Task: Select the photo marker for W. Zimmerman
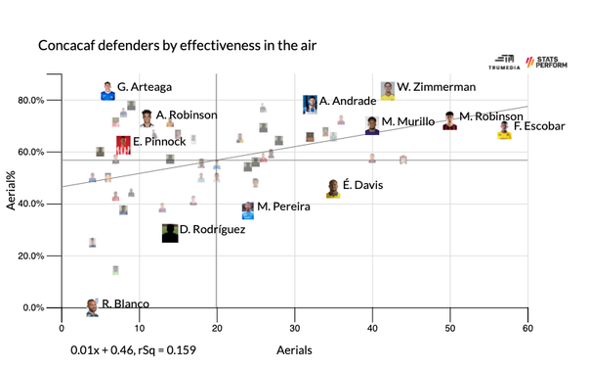pos(388,91)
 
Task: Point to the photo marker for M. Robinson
pos(449,120)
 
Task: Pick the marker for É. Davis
pos(333,188)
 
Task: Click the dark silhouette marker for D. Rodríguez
pos(170,233)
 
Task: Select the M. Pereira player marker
pos(248,209)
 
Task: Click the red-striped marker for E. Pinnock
pos(123,144)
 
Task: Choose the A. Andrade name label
pos(348,101)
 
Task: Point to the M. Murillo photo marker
pos(372,124)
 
